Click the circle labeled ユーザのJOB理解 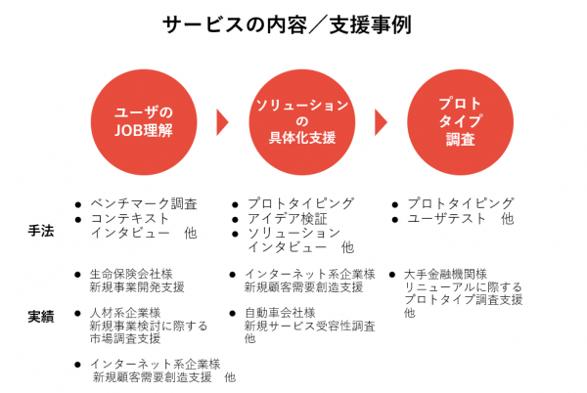[144, 120]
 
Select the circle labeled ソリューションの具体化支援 [301, 120]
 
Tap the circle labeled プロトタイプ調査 [459, 120]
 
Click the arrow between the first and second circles [223, 121]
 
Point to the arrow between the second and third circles [381, 121]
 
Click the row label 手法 [40, 231]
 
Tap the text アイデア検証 [287, 218]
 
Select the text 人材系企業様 [125, 313]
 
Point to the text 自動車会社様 [280, 313]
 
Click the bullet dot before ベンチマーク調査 [77, 204]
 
